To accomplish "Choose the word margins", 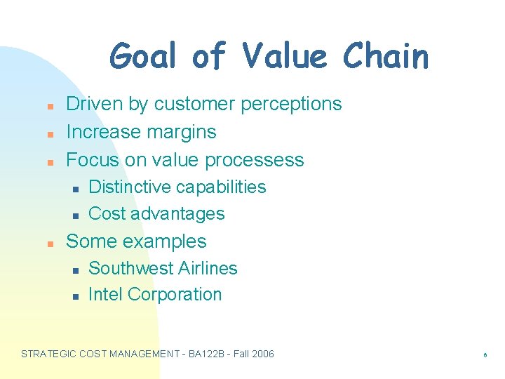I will [x=182, y=132].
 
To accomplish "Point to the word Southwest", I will [x=130, y=268].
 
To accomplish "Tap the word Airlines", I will [x=208, y=268].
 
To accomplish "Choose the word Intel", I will [x=105, y=295].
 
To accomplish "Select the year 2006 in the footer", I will [x=262, y=354].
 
